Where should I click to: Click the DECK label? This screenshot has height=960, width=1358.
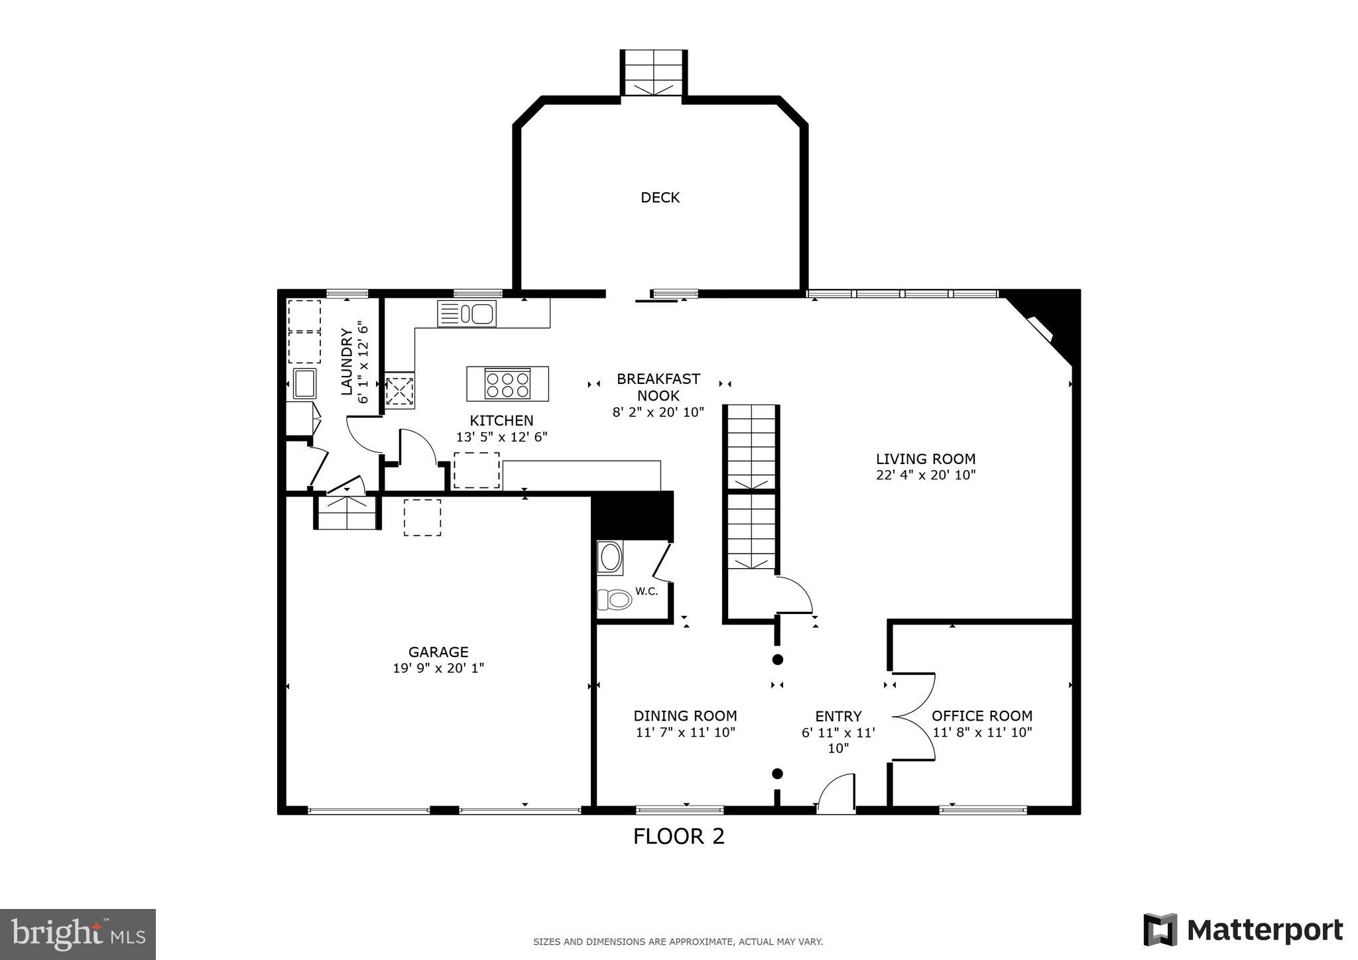click(660, 198)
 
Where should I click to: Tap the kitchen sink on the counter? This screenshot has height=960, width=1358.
click(467, 314)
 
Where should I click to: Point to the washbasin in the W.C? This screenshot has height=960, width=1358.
click(609, 557)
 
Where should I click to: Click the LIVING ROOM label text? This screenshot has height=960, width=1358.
click(925, 459)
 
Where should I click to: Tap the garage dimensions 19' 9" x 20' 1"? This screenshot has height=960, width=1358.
click(438, 668)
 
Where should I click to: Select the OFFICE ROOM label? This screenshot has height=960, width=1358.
click(981, 716)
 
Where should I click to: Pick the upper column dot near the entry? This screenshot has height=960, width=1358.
click(777, 660)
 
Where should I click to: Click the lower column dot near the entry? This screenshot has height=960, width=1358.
click(777, 774)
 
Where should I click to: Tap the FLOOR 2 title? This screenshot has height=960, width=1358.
click(678, 837)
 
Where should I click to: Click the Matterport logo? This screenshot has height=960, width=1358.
click(1243, 930)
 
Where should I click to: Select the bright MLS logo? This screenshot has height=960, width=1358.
click(78, 934)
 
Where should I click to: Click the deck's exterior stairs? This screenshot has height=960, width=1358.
click(653, 73)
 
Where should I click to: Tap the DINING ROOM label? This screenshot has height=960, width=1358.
click(685, 716)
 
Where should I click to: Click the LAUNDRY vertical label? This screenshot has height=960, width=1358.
click(347, 361)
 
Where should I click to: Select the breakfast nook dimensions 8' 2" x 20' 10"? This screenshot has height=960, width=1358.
click(658, 412)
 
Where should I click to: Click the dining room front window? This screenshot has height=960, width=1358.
click(680, 809)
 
